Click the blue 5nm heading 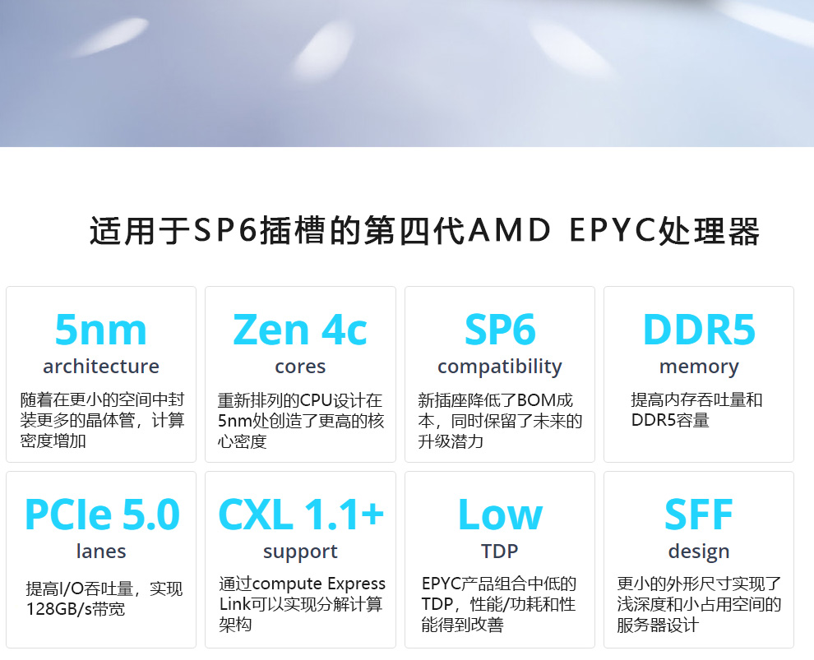coord(100,330)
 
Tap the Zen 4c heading coord(300,330)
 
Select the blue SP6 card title coord(500,330)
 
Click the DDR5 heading coord(699,330)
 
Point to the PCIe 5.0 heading coord(102,515)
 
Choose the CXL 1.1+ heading coord(301,515)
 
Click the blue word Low coord(501,515)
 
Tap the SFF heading coord(699,515)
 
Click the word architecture coord(101,367)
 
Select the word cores coord(300,367)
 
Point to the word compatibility coord(500,367)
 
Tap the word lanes coord(101,551)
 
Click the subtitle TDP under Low coord(499,551)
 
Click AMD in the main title coord(509,230)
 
